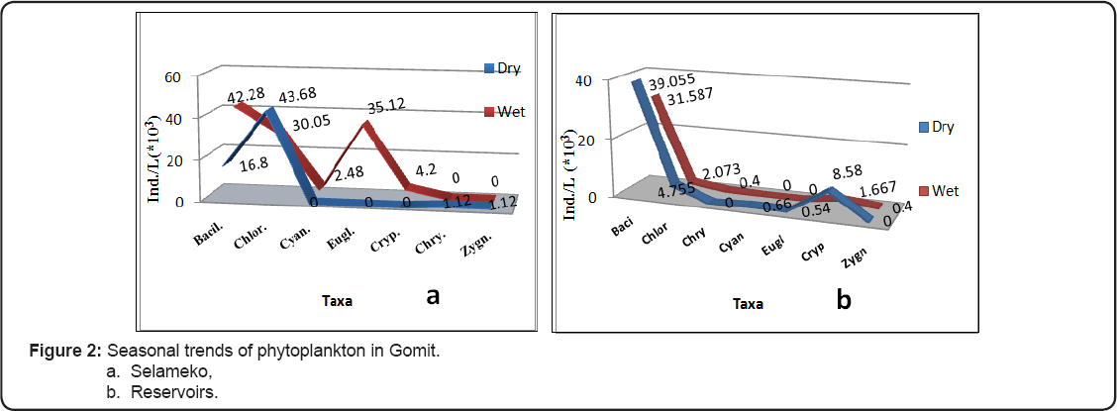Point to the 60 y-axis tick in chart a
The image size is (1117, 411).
(x=171, y=78)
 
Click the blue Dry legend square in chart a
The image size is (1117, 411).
(x=487, y=68)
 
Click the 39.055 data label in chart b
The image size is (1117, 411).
(x=673, y=87)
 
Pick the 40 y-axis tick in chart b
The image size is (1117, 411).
(x=584, y=80)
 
